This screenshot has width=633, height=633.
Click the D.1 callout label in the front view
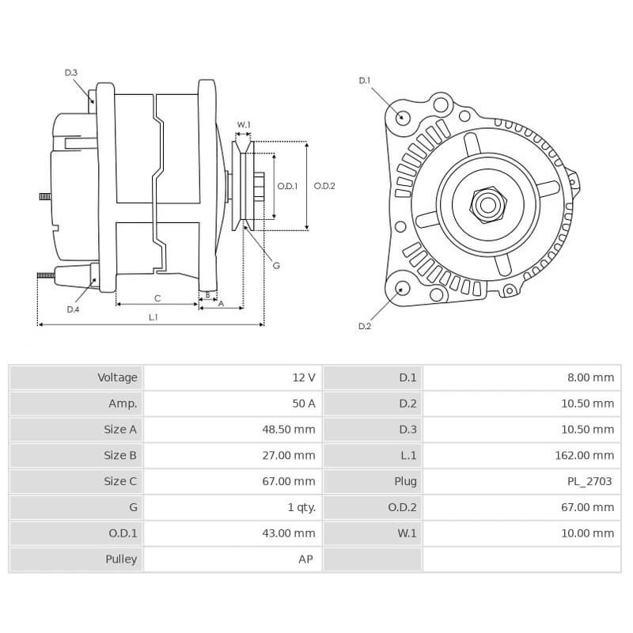[365, 81]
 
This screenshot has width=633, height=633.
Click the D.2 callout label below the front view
[365, 326]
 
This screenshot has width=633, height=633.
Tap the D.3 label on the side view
[71, 73]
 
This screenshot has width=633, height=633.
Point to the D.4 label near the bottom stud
[73, 309]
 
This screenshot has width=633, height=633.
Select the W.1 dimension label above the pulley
[244, 125]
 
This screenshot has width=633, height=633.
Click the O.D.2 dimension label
[324, 186]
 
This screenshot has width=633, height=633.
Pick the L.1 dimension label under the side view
[153, 317]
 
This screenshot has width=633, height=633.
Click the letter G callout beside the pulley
[276, 266]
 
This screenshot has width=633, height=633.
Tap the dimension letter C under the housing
[157, 298]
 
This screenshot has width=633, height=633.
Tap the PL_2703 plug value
[590, 481]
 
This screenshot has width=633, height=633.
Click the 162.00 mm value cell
[584, 456]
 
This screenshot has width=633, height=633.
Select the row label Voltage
[117, 377]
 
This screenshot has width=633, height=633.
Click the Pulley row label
[121, 559]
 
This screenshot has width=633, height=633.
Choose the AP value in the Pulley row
[305, 559]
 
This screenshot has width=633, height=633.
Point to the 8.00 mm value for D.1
[590, 377]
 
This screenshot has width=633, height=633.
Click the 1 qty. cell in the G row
[301, 507]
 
